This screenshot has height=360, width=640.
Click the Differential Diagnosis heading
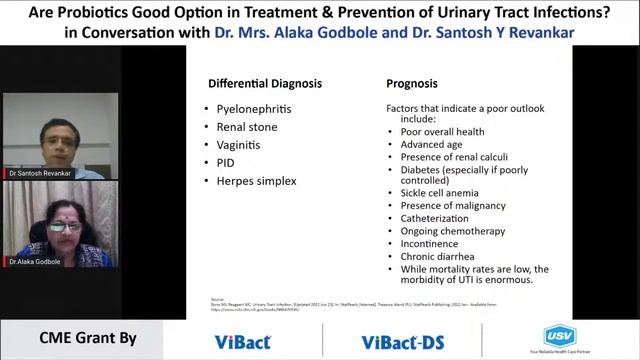pyautogui.click(x=267, y=85)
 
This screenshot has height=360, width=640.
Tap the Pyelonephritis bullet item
pyautogui.click(x=257, y=108)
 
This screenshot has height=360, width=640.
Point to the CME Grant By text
pyautogui.click(x=87, y=339)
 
